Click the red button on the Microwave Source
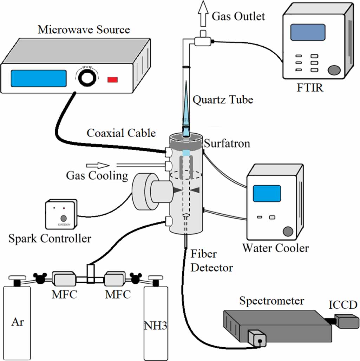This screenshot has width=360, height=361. [x=112, y=80]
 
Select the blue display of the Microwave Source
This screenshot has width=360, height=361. [x=39, y=78]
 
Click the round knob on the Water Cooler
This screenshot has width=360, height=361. [x=288, y=231]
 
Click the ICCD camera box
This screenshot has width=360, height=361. [x=347, y=321]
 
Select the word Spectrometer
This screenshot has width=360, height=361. [x=271, y=301]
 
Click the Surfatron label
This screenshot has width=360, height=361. [x=227, y=143]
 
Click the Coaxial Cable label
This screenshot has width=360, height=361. [x=121, y=133]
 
